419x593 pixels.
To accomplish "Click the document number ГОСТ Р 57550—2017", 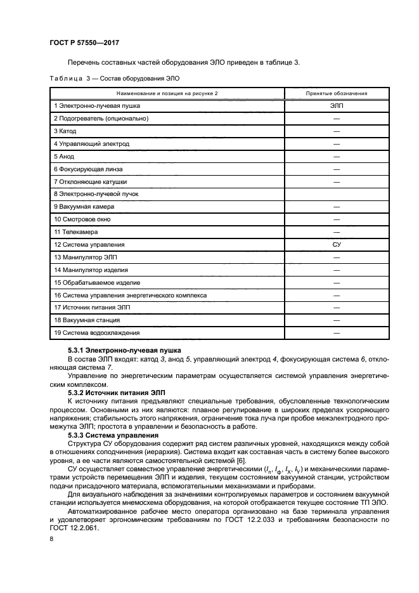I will pos(84,43).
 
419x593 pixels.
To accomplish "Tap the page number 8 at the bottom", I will pos(51,538).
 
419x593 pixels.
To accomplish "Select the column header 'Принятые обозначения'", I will pos(336,93).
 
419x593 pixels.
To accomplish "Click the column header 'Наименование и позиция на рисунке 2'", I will pos(167,93).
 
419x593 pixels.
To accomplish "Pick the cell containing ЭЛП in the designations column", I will pos(336,106).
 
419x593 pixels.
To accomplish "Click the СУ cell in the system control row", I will pos(336,244).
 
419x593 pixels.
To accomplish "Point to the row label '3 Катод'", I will pos(65,131).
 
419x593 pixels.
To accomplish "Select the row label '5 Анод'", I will pos(64,156).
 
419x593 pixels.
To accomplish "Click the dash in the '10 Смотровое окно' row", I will pos(336,219).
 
